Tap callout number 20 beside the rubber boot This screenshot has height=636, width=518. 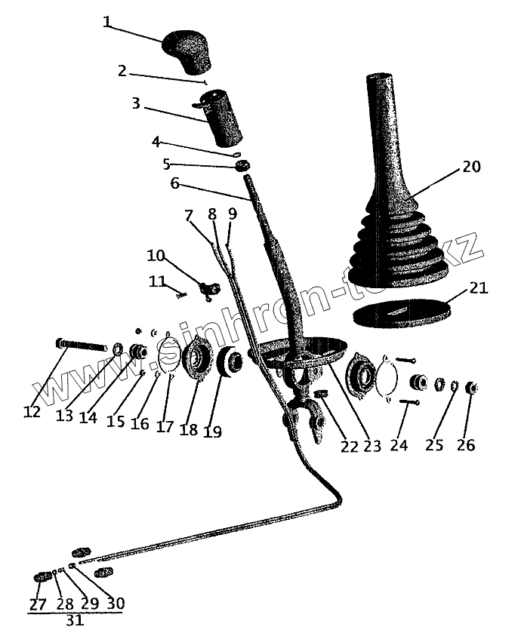471,167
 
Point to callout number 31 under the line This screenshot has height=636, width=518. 75,622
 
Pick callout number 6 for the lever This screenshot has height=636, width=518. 174,183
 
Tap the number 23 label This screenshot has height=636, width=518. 372,445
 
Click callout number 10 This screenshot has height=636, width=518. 155,254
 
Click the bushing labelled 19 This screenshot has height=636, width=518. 230,362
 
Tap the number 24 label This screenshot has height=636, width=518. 399,445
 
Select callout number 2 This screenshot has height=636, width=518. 123,72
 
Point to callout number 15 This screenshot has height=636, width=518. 115,422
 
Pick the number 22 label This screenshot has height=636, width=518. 348,445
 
